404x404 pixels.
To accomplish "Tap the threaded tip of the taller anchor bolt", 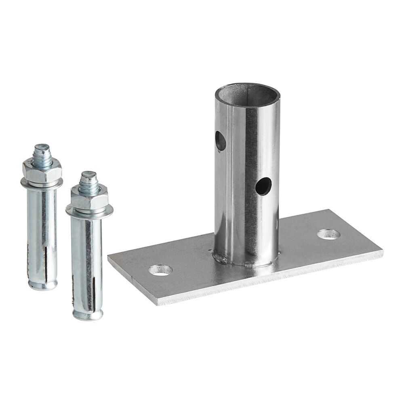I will tap(42, 150).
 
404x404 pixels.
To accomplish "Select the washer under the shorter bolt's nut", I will tap(89, 210).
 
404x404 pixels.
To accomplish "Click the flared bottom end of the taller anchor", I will tap(43, 285).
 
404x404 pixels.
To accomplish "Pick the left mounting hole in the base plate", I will tap(160, 270).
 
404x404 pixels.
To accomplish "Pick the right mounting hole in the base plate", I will tap(328, 234).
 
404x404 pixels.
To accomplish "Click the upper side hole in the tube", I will tap(221, 141).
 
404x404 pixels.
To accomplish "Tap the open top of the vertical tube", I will tap(248, 93).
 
